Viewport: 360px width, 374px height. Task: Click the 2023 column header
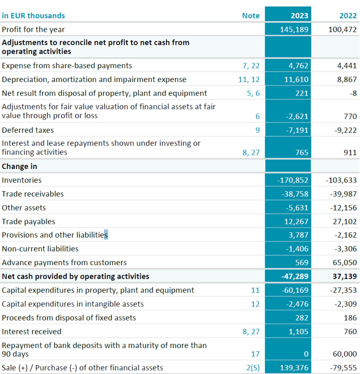tap(299, 16)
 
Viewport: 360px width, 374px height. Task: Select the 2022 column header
tap(348, 16)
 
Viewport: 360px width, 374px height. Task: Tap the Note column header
tap(251, 16)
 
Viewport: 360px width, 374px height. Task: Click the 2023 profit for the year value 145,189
tap(294, 30)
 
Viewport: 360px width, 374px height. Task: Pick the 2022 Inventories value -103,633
tap(341, 180)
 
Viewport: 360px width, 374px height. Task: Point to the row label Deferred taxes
tap(28, 130)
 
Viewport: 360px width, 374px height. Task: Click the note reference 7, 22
tap(251, 66)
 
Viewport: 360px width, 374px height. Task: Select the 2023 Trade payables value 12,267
tap(296, 221)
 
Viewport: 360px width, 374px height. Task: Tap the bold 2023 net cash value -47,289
tap(295, 277)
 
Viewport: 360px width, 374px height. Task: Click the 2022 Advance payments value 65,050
tap(345, 263)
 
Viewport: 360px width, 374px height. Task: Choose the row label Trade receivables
tap(33, 194)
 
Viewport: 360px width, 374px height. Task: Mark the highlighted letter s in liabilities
tap(106, 235)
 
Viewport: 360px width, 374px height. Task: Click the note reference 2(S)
tap(253, 368)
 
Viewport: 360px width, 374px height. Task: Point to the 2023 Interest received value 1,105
tap(298, 332)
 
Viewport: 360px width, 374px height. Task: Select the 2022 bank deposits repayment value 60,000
tap(345, 354)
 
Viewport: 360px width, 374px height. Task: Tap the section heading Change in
tap(19, 166)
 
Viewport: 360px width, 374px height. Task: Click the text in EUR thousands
tap(33, 16)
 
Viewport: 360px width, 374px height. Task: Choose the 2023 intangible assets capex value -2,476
tap(297, 304)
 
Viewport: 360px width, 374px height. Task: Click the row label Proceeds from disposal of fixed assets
tap(69, 318)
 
